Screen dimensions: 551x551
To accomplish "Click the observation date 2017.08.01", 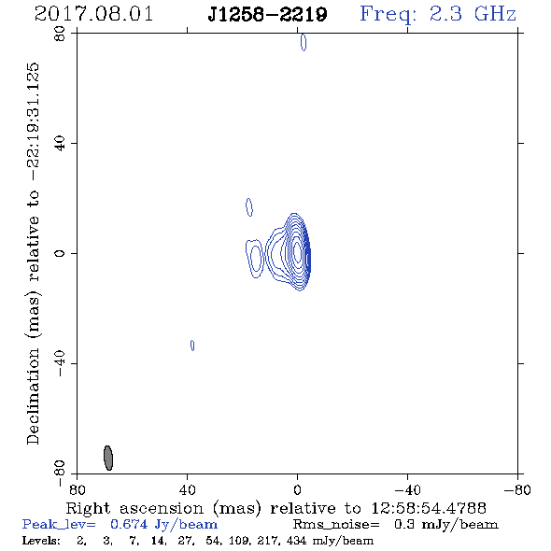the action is pos(93,14).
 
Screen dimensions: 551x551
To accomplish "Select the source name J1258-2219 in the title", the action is pos(267,14).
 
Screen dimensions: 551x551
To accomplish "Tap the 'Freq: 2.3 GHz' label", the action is pos(438,14).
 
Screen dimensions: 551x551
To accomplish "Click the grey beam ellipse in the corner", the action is pos(108,458).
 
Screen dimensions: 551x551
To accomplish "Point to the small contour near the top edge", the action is pos(304,42).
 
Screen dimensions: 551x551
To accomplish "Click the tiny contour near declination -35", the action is pos(192,346).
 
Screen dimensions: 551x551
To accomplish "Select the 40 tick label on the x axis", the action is pos(188,490).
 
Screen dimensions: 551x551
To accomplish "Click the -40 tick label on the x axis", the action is pos(407,490).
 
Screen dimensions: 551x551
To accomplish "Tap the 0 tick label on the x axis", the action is pos(297,490).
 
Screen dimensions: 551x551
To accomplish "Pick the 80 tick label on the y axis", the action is pos(60,34).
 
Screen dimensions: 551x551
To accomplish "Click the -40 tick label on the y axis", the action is pos(60,363).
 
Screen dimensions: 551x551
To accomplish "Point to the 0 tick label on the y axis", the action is pos(60,253).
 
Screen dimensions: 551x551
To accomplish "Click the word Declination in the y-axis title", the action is pos(33,396).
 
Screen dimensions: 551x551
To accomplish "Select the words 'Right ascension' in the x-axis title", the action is pos(134,508).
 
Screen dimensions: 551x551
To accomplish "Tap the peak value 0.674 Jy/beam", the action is pos(164,525).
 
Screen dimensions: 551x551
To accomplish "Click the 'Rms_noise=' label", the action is pos(336,525).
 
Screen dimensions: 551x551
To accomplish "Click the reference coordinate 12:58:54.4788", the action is pos(429,508).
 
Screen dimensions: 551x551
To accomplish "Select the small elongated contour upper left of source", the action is pos(249,207).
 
